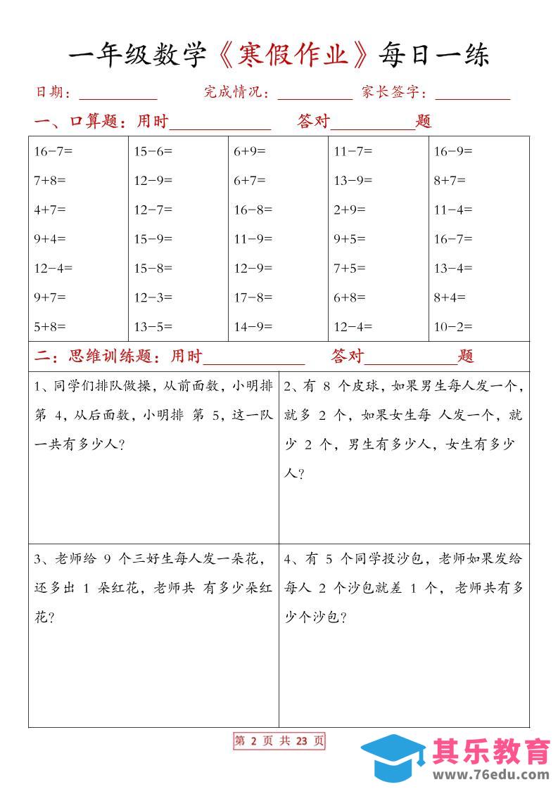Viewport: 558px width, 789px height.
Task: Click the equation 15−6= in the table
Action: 153,150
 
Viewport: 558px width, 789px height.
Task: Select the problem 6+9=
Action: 250,150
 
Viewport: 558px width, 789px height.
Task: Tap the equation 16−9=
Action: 453,150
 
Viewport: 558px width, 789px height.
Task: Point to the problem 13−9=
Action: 353,180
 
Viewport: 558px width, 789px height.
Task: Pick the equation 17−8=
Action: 253,297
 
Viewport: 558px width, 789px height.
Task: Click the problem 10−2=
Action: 453,326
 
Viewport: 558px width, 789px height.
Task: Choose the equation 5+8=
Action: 50,326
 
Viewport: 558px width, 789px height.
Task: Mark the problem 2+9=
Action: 350,209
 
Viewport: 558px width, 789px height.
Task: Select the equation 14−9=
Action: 253,326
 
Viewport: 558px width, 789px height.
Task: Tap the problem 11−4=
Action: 453,209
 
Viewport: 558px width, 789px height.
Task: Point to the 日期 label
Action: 49,92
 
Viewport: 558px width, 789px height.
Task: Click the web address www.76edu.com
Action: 490,775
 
